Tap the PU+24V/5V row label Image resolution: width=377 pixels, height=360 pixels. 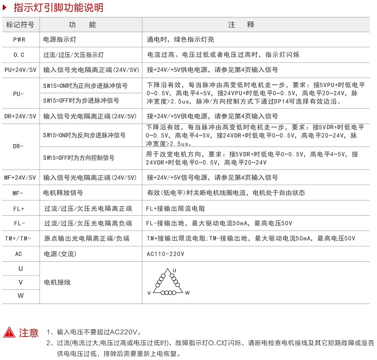pyautogui.click(x=20, y=70)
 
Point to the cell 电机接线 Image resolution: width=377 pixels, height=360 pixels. pyautogui.click(x=57, y=282)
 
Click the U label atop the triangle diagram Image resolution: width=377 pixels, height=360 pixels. pyautogui.click(x=174, y=270)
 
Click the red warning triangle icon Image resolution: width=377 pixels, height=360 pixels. pyautogui.click(x=9, y=332)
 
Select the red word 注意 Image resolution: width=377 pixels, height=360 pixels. pyautogui.click(x=28, y=332)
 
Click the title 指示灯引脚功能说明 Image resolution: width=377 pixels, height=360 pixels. pyautogui.click(x=58, y=7)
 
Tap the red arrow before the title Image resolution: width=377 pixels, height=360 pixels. pyautogui.click(x=5, y=7)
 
